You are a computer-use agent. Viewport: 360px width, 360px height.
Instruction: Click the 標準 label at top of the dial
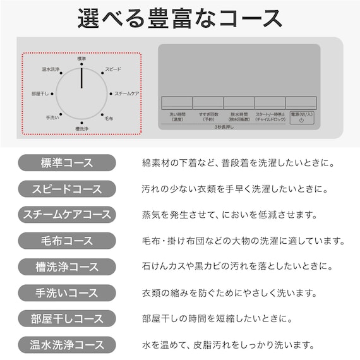coord(81,59)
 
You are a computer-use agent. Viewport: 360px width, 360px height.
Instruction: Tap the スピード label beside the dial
coord(113,69)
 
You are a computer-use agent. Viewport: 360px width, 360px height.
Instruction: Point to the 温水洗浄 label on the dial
coord(51,69)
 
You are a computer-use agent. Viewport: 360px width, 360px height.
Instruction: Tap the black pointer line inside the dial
coord(81,79)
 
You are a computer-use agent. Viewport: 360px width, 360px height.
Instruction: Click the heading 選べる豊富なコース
coord(180,18)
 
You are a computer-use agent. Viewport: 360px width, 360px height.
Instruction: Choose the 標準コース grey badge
coord(67,162)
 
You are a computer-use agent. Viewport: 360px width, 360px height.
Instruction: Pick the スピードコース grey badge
coord(67,188)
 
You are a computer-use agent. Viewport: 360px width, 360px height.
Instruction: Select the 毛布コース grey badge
coord(67,241)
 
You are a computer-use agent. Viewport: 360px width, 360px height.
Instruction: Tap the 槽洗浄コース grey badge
coord(67,267)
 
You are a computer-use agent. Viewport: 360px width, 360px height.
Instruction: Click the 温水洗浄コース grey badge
coord(67,345)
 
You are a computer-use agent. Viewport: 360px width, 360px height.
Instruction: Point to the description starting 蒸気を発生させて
coord(229,215)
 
